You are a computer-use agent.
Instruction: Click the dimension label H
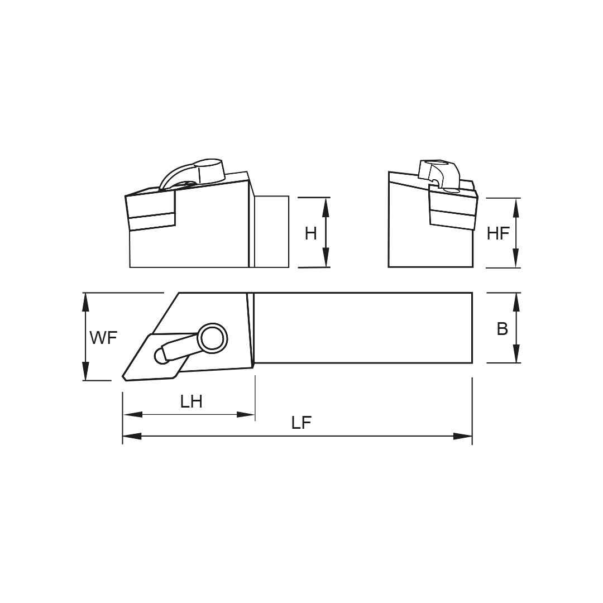310,233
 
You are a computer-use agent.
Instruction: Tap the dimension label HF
498,233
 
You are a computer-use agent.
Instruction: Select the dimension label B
502,329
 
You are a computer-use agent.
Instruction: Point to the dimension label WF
104,338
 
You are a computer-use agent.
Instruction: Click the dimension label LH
191,401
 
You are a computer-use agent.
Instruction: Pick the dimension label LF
301,423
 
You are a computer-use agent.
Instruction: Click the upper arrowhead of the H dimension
326,207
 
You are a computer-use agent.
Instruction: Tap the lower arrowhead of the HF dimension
515,259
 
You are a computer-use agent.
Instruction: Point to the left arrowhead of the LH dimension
132,414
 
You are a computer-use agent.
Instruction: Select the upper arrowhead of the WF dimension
85,302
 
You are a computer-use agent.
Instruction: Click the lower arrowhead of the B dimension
516,353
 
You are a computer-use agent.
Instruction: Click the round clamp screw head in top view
212,338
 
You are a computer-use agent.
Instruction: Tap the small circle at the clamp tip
162,356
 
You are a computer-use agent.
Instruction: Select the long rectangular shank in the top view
363,328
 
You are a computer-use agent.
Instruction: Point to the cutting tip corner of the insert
125,378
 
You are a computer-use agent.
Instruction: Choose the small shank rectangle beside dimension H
271,232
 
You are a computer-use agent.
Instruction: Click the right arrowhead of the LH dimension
246,414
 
